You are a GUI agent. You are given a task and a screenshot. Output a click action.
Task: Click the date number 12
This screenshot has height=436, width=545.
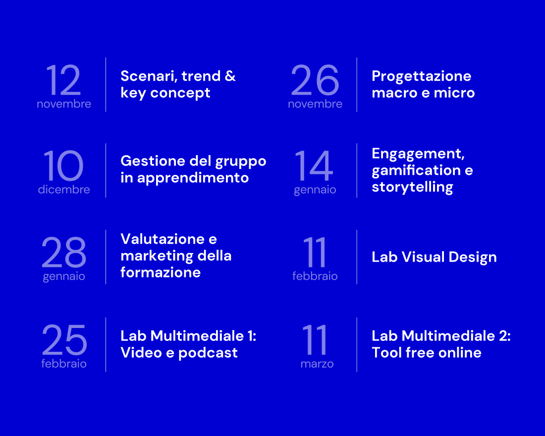coord(63,80)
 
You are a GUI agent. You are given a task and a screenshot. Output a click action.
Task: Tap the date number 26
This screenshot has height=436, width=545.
coord(315,80)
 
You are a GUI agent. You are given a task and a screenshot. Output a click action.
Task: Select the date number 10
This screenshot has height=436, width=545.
coord(63,165)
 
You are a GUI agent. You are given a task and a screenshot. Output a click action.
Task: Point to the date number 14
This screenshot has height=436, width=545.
coord(314,165)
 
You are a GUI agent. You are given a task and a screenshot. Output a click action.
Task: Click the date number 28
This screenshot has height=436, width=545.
coord(63,252)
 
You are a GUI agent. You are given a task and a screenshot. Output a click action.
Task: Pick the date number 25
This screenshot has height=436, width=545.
coord(64,339)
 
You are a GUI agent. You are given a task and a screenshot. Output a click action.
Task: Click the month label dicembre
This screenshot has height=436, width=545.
coord(64,189)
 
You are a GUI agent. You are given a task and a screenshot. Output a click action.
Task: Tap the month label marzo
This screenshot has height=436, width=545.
coord(317,364)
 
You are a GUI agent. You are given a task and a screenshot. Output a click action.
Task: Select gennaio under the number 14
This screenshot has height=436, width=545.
coord(315,190)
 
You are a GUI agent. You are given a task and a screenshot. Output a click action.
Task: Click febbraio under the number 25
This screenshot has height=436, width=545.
coord(64,363)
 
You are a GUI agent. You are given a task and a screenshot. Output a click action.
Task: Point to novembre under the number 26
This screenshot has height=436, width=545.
coord(315,104)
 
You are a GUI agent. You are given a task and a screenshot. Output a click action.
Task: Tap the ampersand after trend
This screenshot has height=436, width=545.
coord(230,76)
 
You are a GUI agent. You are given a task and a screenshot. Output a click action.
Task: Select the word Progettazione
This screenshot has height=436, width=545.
coord(421,76)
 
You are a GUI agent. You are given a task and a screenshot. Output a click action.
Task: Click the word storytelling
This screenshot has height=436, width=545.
coord(412,187)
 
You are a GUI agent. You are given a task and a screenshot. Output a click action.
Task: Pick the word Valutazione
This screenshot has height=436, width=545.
coord(163,239)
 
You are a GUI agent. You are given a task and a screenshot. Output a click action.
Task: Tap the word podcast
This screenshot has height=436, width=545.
coord(208,353)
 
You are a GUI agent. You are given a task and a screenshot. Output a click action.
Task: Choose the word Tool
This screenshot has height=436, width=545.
coord(386,353)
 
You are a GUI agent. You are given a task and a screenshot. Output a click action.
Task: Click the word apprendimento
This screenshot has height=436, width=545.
coord(193,178)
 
